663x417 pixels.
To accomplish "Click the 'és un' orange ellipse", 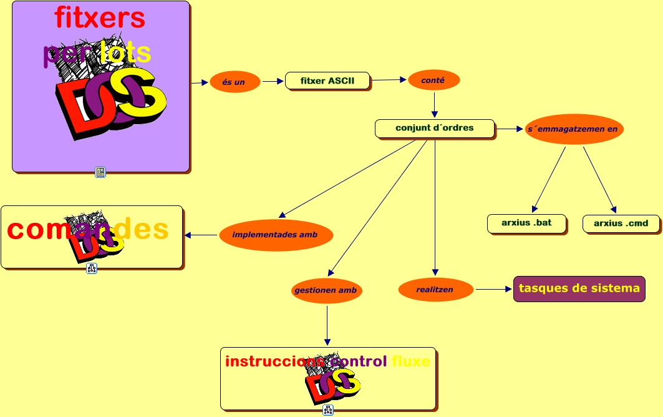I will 235,82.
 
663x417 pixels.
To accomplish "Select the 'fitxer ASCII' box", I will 327,81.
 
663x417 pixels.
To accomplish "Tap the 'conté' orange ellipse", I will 434,80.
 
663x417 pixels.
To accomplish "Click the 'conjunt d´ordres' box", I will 434,128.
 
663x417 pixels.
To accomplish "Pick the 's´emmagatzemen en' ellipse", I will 573,129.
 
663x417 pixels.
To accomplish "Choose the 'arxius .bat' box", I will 526,223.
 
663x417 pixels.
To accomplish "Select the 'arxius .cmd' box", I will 621,223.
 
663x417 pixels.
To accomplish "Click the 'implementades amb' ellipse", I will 275,235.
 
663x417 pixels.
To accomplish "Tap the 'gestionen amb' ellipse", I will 327,290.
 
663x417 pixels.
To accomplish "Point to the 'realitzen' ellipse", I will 435,290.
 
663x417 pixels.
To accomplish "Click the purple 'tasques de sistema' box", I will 579,288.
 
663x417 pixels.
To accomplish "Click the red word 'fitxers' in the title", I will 100,17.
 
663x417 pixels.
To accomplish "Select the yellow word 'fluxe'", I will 411,361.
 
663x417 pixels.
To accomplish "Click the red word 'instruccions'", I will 274,361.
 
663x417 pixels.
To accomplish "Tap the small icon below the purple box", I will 100,172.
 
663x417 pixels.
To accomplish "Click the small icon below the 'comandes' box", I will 92,268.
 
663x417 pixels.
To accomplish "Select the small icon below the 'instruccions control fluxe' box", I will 328,410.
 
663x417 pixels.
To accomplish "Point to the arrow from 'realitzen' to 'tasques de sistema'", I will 493,289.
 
